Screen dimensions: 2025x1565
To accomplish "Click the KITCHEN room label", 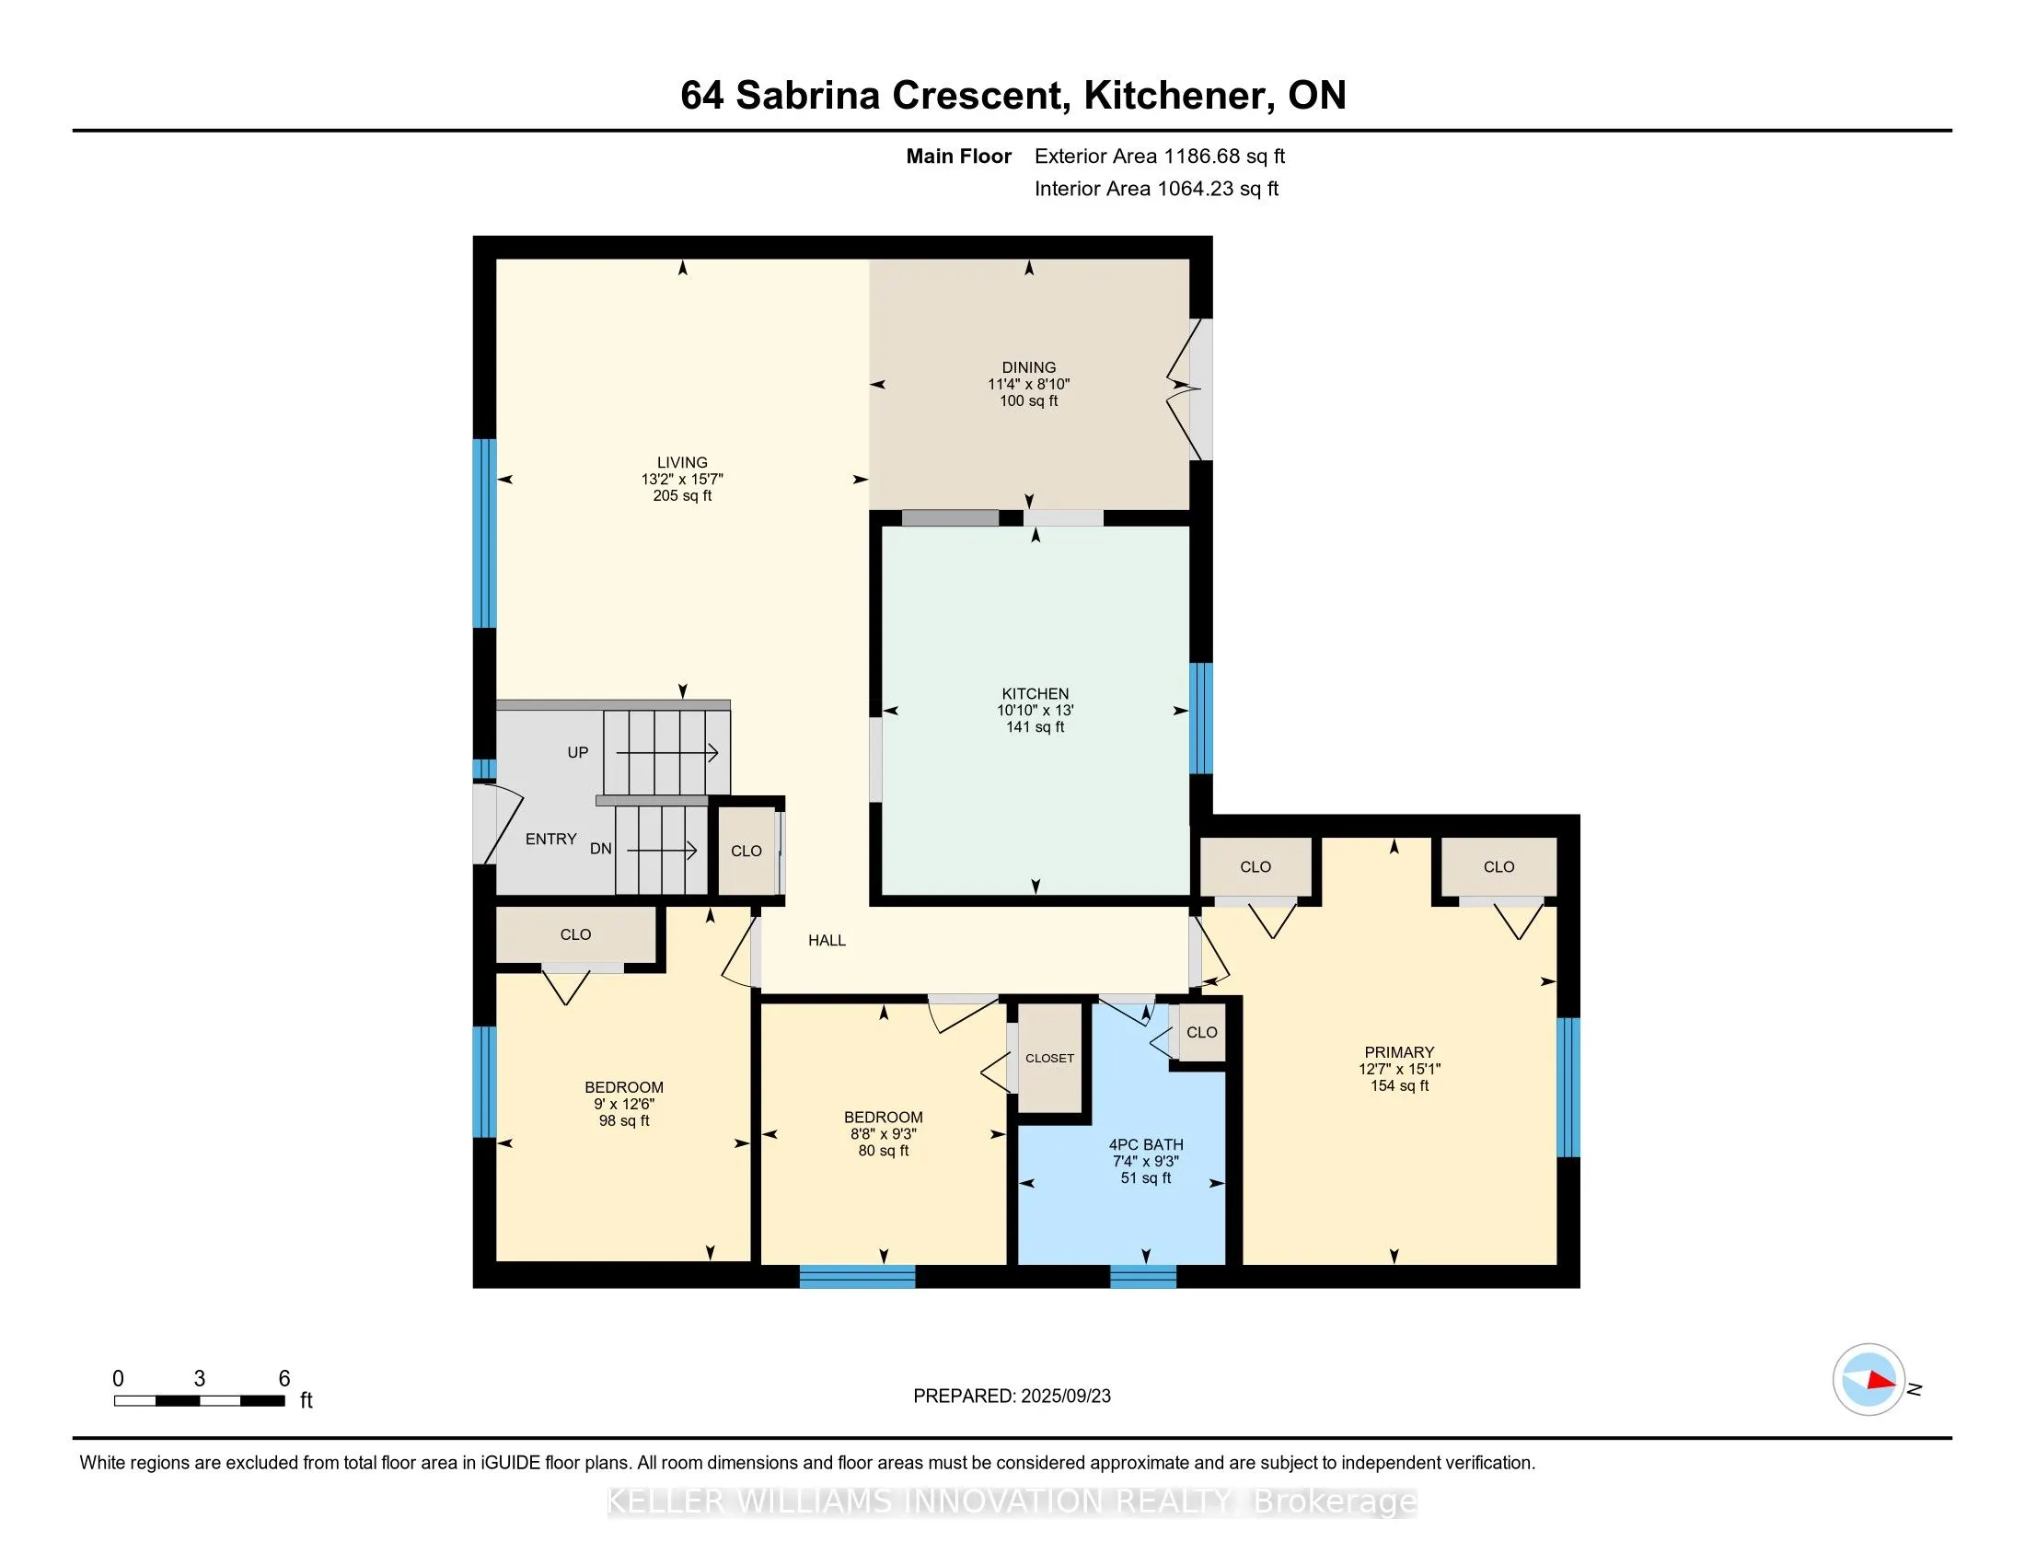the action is [x=1035, y=693].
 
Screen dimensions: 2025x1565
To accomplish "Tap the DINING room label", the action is [x=1028, y=367].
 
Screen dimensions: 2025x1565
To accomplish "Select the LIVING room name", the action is [x=681, y=462].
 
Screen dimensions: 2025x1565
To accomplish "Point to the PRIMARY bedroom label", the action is [x=1399, y=1052].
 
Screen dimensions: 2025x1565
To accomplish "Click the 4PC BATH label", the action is [x=1146, y=1145].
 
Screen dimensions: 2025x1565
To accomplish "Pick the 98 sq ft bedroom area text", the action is [x=624, y=1121].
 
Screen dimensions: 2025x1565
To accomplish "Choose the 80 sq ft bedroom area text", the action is [x=884, y=1151].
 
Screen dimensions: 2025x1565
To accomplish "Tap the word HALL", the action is [x=827, y=940].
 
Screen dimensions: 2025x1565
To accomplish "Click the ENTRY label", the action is [x=550, y=839].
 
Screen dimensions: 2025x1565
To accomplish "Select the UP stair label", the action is [x=578, y=753].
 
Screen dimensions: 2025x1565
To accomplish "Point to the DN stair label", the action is [x=601, y=849].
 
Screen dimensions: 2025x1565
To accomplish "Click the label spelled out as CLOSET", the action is [x=1049, y=1058].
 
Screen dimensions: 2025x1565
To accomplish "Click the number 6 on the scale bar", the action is [x=284, y=1379].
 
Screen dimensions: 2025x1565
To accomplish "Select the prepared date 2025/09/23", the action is [x=1065, y=1397].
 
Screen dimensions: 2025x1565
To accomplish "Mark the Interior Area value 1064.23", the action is [x=1195, y=188].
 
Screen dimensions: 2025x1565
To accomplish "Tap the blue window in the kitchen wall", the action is [x=1200, y=718].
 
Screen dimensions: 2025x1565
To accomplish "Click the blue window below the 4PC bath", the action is [x=1143, y=1277].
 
